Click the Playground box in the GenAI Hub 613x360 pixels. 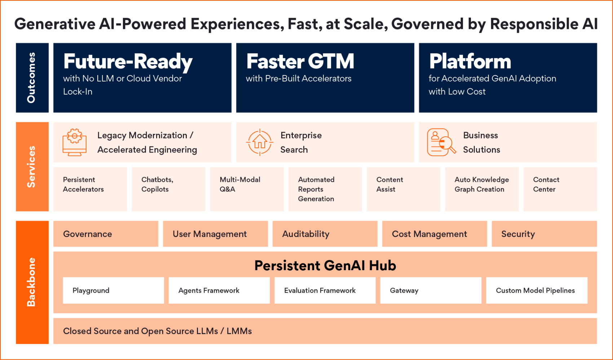pyautogui.click(x=113, y=290)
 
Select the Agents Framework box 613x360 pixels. pyautogui.click(x=219, y=290)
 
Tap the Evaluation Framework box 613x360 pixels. pyautogui.click(x=325, y=290)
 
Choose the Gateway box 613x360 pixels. pyautogui.click(x=431, y=290)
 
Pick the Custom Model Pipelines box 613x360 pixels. pyautogui.click(x=536, y=290)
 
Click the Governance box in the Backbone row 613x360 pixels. pyautogui.click(x=106, y=234)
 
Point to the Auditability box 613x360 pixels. pyautogui.click(x=325, y=234)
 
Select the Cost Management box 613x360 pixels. pyautogui.click(x=434, y=234)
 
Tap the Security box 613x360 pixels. pyautogui.click(x=544, y=234)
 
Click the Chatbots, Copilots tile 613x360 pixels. pyautogui.click(x=168, y=189)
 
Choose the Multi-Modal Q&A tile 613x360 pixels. pyautogui.click(x=247, y=189)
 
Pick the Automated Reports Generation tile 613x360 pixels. pyautogui.click(x=325, y=189)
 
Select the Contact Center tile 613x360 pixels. pyautogui.click(x=560, y=189)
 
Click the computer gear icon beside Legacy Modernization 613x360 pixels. pyautogui.click(x=75, y=142)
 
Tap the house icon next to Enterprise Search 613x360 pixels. pyautogui.click(x=260, y=142)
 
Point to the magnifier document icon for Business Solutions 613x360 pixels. pyautogui.click(x=441, y=142)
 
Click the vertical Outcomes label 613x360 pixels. pyautogui.click(x=32, y=78)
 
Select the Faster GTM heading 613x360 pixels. pyautogui.click(x=300, y=61)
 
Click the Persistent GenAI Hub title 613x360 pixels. pyautogui.click(x=325, y=265)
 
